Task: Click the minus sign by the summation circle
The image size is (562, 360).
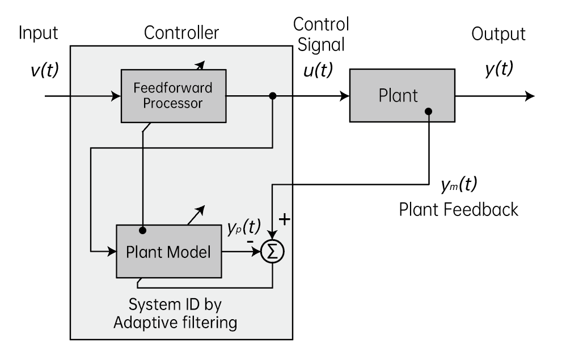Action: coord(249,242)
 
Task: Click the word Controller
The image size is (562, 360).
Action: coord(181,33)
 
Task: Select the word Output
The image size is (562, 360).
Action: coord(498,34)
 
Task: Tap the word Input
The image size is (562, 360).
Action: coord(39,33)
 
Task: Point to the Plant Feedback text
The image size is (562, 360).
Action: coord(458,209)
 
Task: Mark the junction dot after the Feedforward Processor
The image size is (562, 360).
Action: coord(273,96)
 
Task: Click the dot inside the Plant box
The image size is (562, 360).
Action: coord(429,111)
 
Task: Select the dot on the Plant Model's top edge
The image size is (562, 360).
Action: coord(143,230)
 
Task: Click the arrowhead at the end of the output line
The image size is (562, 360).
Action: coord(530,96)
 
